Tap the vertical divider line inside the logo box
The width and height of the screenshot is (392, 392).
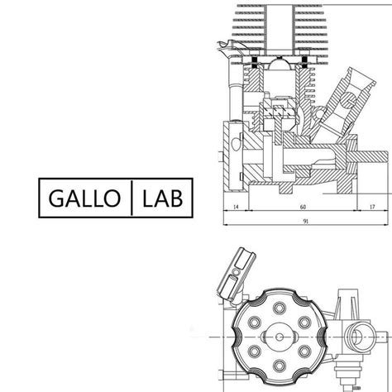(131, 199)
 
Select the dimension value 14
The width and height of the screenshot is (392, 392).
(236, 207)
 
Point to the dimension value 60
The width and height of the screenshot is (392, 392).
(304, 207)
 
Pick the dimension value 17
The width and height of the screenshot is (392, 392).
(373, 207)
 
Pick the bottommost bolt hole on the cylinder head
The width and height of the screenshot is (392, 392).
(282, 371)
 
